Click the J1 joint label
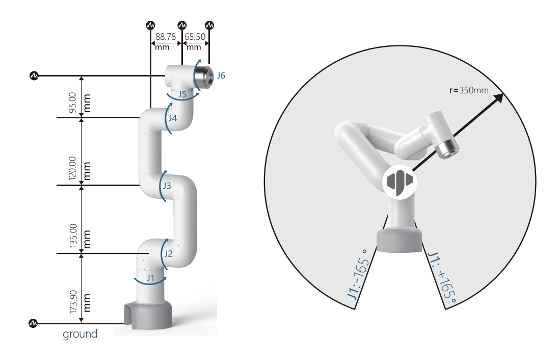(150, 278)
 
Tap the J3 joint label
(167, 187)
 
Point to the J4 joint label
(173, 118)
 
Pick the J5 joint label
(181, 94)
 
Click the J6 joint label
(221, 75)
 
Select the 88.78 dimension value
(166, 37)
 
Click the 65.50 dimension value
(195, 37)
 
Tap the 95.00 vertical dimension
(72, 102)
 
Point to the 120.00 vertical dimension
(72, 169)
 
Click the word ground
(80, 335)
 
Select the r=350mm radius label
(469, 90)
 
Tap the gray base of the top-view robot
(400, 241)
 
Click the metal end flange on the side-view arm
(202, 75)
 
